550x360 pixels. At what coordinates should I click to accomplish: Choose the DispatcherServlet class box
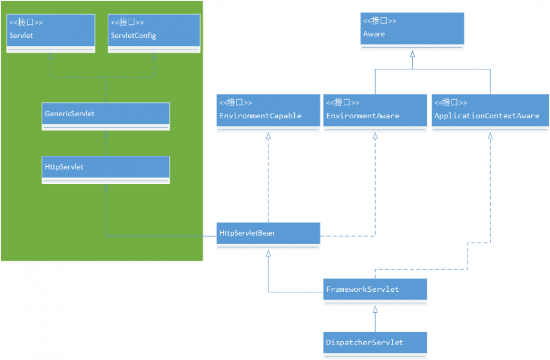(375, 344)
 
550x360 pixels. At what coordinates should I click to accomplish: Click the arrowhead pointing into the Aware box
(413, 54)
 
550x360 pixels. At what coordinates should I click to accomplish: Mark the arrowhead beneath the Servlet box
(51, 57)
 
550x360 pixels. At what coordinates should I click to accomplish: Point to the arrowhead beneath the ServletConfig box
(154, 57)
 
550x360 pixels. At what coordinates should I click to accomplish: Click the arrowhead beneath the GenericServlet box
(106, 134)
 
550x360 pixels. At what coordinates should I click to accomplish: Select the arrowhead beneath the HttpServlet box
(106, 188)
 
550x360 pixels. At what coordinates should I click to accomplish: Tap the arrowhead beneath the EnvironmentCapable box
(268, 136)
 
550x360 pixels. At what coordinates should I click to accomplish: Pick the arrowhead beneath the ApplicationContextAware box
(490, 136)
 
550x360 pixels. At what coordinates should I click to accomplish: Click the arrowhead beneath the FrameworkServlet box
(375, 309)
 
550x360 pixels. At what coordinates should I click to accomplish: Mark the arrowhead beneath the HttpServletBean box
(268, 254)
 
